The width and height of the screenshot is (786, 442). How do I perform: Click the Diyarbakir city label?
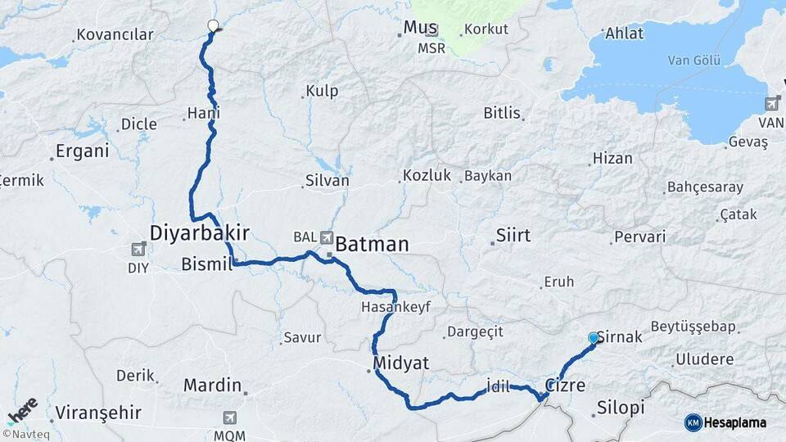click(199, 233)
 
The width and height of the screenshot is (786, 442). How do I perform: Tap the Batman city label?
click(372, 244)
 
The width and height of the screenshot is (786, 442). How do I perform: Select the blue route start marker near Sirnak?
click(594, 337)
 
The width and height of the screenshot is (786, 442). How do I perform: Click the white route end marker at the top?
click(214, 25)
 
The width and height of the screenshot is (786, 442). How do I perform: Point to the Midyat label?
click(400, 363)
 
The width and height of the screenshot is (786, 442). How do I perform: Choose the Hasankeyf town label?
click(395, 307)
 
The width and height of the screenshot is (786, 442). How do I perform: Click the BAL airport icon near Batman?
click(327, 237)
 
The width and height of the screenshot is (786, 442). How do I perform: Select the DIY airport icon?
click(138, 249)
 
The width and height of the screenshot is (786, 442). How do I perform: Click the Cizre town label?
click(566, 385)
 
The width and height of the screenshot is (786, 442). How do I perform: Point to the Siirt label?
click(513, 236)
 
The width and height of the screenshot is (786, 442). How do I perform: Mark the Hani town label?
click(203, 114)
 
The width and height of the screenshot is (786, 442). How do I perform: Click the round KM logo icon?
click(693, 422)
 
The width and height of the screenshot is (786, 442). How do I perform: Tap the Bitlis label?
click(502, 113)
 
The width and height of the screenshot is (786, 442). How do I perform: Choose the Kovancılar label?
click(114, 35)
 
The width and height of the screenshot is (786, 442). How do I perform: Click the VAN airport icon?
click(771, 104)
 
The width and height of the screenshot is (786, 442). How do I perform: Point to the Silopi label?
click(621, 408)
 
